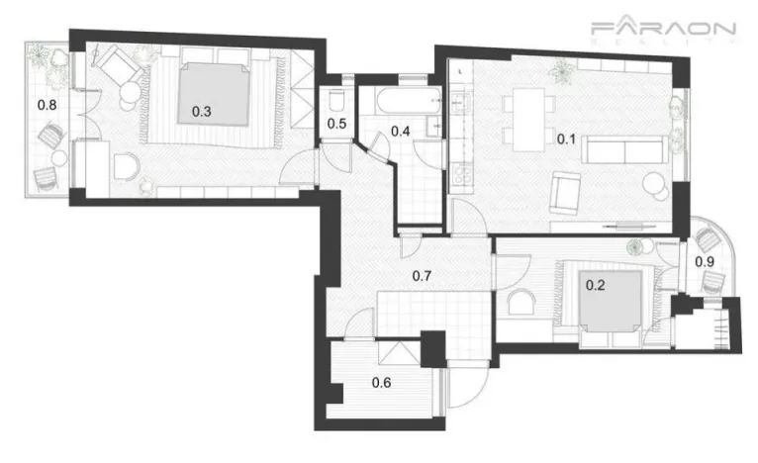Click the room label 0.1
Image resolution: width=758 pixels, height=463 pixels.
point(565,139)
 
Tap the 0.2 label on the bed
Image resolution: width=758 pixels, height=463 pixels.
point(596,285)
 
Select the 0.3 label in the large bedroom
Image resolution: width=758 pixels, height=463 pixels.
point(201,111)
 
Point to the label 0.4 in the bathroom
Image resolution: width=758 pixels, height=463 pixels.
point(401,130)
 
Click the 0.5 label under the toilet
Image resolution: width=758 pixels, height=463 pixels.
point(336,124)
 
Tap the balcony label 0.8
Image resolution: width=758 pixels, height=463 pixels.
point(47,104)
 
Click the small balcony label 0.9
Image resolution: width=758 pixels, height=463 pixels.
point(705,261)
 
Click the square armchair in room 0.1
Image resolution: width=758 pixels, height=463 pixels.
point(565,191)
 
